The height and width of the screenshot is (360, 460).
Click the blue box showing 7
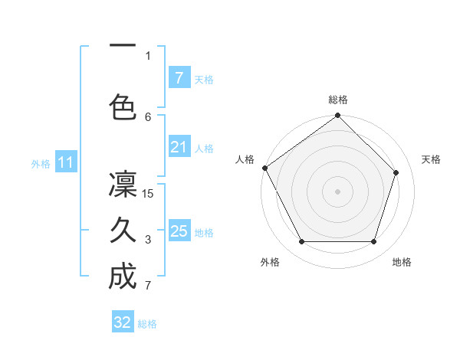coord(179,78)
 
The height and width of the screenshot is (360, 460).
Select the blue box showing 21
coord(179,147)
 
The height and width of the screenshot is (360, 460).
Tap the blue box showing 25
coord(179,231)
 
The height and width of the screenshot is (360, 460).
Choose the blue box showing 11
coord(66,162)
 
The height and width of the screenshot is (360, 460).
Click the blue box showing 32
coord(123,322)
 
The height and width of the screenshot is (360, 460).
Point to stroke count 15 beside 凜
coord(149,193)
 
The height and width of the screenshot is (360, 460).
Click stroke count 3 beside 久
coord(149,240)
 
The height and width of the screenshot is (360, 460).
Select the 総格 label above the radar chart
coord(337,100)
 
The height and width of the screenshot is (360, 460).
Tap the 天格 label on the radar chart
coord(431,159)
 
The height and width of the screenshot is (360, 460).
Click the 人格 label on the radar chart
coord(245,159)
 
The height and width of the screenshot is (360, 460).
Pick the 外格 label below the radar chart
coord(270,262)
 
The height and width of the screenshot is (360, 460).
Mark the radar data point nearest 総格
coord(337,116)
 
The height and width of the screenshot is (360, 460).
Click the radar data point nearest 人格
coord(264,168)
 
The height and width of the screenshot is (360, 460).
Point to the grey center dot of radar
coord(337,191)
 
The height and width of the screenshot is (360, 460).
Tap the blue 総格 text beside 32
coord(147,324)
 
